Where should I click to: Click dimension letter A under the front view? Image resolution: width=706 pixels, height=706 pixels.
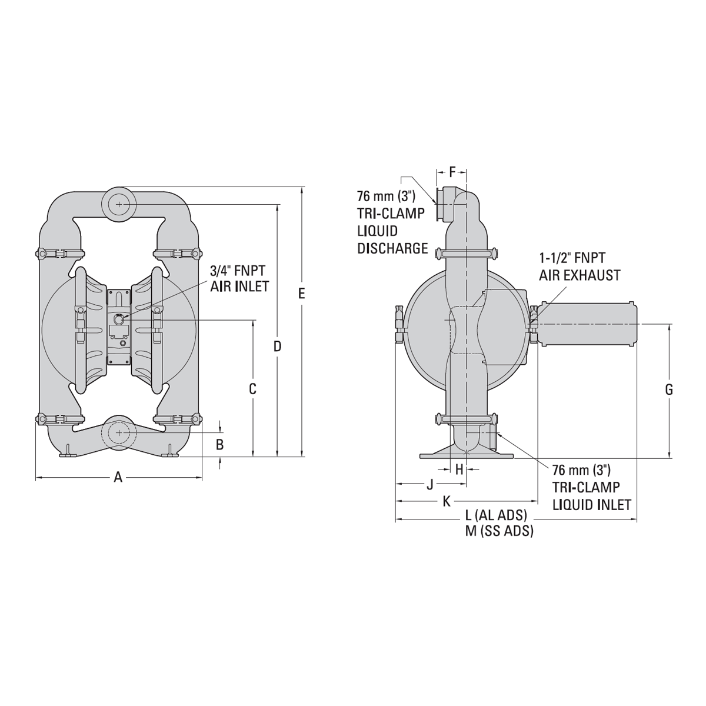click(118, 478)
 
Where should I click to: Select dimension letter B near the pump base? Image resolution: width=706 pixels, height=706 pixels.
click(219, 445)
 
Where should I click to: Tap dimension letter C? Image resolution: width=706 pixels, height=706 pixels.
click(252, 389)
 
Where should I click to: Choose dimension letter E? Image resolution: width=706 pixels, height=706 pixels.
click(302, 294)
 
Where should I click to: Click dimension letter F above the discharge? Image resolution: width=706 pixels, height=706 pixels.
click(452, 172)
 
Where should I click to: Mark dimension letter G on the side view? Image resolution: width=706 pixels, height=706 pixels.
click(669, 389)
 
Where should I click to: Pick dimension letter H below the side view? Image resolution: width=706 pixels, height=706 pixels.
click(459, 469)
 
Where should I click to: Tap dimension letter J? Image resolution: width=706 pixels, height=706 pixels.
click(429, 484)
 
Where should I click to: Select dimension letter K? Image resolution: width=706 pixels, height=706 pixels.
click(447, 501)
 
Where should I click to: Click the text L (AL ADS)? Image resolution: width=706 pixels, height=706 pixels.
click(496, 515)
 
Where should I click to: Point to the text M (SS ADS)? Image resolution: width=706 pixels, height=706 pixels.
click(499, 531)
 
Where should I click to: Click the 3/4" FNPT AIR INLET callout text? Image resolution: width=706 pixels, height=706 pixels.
click(239, 278)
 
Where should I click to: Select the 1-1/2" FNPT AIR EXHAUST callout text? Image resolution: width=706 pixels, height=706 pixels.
click(580, 266)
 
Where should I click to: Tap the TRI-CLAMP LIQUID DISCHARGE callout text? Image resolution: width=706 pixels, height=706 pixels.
click(392, 222)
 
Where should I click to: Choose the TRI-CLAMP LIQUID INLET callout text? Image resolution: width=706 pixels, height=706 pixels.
click(591, 487)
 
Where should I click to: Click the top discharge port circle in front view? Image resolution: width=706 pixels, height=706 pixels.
click(119, 204)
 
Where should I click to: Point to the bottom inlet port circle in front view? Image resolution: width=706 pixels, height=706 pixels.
click(119, 432)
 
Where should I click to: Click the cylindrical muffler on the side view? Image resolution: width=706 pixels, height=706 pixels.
click(588, 324)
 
